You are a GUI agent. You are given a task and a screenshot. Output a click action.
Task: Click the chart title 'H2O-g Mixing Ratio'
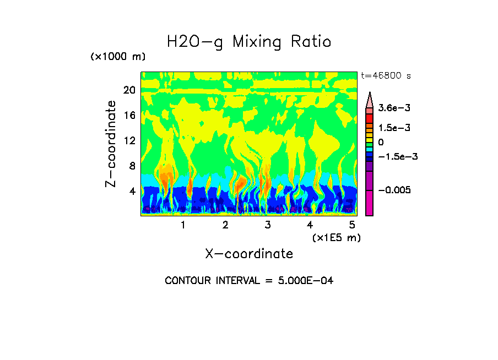pyautogui.click(x=249, y=42)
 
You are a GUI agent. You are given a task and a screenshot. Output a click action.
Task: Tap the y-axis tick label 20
pyautogui.click(x=129, y=90)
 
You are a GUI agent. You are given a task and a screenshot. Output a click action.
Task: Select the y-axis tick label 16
pyautogui.click(x=129, y=116)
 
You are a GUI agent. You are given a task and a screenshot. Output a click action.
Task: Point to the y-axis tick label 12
pyautogui.click(x=129, y=141)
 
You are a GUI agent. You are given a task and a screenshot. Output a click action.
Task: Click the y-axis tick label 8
pyautogui.click(x=132, y=166)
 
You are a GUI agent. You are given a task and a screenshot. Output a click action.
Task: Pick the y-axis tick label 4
pyautogui.click(x=132, y=192)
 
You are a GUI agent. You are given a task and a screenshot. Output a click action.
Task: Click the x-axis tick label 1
pyautogui.click(x=183, y=225)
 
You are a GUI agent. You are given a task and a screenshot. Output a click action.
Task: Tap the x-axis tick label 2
pyautogui.click(x=225, y=225)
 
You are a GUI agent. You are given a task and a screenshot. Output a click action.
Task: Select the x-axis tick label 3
pyautogui.click(x=268, y=225)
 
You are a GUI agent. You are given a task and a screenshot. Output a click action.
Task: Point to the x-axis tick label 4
pyautogui.click(x=310, y=225)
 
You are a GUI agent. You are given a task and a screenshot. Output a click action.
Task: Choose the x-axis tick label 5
pyautogui.click(x=352, y=225)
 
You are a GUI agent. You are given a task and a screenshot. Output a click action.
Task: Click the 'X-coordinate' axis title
pyautogui.click(x=249, y=254)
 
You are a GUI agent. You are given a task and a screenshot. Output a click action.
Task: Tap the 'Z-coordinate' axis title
pyautogui.click(x=111, y=144)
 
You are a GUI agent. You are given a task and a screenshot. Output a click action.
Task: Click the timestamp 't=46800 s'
pyautogui.click(x=386, y=75)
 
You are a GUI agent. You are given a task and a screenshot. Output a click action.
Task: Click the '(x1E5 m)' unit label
pyautogui.click(x=337, y=237)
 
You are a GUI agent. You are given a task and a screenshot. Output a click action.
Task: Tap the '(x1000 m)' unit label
pyautogui.click(x=118, y=57)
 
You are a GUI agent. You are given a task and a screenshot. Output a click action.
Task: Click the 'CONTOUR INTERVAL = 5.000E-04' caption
pyautogui.click(x=249, y=281)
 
